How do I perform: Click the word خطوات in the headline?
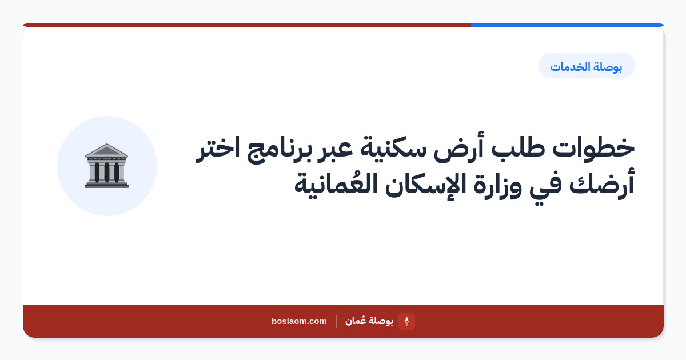click(x=593, y=148)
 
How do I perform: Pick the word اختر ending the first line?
click(x=217, y=149)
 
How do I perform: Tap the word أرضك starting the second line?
click(x=602, y=184)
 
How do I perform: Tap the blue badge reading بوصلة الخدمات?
click(x=586, y=66)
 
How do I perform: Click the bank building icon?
click(x=106, y=166)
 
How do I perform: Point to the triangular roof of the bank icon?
click(x=106, y=150)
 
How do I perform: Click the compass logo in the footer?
click(x=406, y=321)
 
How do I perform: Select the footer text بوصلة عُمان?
click(x=369, y=321)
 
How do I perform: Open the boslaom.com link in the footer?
click(x=299, y=321)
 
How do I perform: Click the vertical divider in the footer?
click(x=336, y=321)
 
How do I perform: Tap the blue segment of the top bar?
click(x=567, y=25)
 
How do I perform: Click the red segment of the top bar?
click(x=247, y=25)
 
